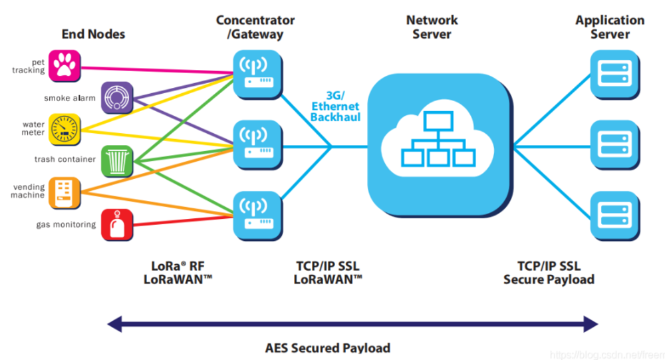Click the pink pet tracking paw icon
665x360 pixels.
[65, 66]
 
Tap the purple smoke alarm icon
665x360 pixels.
[117, 98]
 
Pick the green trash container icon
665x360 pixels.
[117, 161]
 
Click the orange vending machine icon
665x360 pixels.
[65, 193]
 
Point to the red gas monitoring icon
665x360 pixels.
[117, 225]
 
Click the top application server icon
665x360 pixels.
[615, 75]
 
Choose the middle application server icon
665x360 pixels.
[615, 146]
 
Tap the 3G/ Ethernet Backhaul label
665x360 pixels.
[335, 106]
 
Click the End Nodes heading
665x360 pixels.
[93, 34]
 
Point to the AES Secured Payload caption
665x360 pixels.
[328, 348]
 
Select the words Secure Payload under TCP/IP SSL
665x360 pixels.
[549, 279]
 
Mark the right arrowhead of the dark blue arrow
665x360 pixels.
[591, 324]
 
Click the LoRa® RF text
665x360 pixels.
[178, 266]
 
